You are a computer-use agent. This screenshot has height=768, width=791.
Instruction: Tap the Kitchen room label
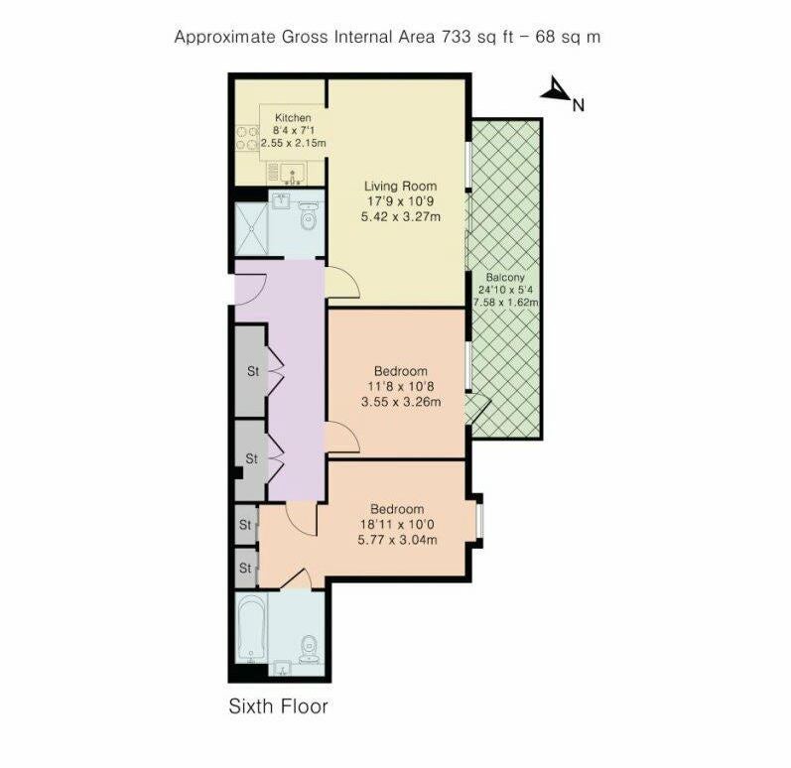point(293,118)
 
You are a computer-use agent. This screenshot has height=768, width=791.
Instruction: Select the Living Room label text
point(401,187)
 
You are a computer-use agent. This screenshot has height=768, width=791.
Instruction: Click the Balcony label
point(505,278)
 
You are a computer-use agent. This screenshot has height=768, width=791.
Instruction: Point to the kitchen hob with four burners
point(247,138)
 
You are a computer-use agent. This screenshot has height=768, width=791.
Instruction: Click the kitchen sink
point(292,174)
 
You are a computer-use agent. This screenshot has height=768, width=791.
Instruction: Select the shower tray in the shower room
point(251,229)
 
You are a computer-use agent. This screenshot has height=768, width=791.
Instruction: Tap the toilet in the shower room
point(308,215)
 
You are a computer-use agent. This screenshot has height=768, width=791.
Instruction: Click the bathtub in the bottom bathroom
point(251,628)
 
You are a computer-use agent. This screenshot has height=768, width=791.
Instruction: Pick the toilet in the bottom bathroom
point(309,650)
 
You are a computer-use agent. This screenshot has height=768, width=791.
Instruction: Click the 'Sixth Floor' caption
point(279,705)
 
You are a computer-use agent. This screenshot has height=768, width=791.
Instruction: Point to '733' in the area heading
point(458,37)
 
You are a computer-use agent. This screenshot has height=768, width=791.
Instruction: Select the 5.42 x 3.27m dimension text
point(401,217)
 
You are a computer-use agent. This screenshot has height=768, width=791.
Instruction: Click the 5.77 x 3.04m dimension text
point(397,540)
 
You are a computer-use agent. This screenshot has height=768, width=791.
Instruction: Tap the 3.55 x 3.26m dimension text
point(401,402)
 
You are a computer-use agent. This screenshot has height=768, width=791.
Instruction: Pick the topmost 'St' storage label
point(253,371)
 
